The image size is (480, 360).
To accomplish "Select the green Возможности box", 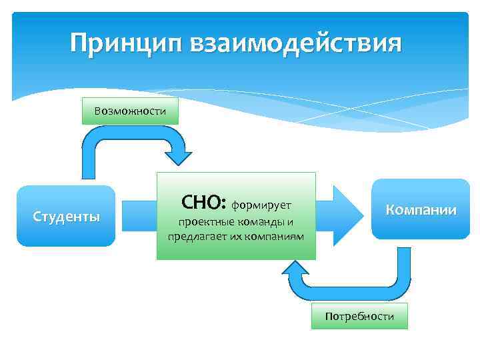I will point(130,111).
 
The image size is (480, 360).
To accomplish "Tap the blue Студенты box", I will point(66,217).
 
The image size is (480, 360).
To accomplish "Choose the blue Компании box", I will point(420,209).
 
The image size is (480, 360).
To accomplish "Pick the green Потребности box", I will point(359,316).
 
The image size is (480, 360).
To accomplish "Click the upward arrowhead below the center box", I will point(295,269).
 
